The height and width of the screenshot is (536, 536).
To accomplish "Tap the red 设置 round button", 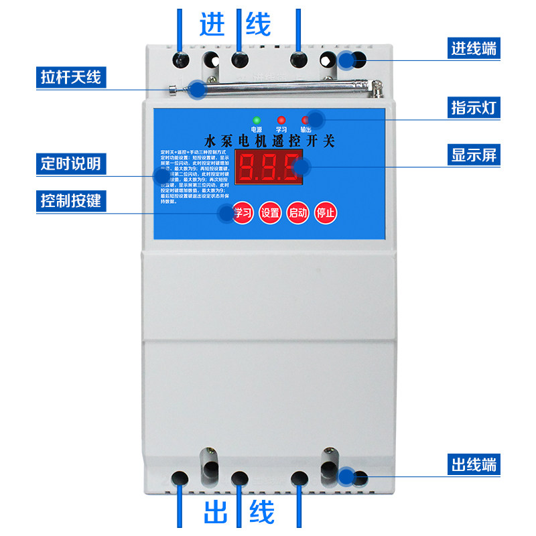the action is (x=270, y=213).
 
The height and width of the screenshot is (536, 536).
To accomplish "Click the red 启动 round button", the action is (x=297, y=213).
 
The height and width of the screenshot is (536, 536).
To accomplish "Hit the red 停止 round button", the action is (x=326, y=213).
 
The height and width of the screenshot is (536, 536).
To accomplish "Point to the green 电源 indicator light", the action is (x=256, y=120).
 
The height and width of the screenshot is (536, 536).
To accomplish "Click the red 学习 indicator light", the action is (x=281, y=120).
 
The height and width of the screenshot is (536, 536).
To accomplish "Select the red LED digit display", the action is (x=268, y=167).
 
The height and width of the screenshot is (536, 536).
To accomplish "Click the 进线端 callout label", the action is (x=474, y=48).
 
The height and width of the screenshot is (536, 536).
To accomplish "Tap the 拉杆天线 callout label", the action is (x=70, y=77).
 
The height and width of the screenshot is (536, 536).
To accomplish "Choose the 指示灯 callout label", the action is (x=474, y=107).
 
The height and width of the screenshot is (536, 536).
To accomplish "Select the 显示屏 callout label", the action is (x=474, y=155).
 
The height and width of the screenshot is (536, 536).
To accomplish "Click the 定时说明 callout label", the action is (x=70, y=163).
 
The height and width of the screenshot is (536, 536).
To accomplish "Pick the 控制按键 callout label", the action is (x=70, y=200).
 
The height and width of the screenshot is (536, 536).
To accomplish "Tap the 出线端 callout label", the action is (x=474, y=464).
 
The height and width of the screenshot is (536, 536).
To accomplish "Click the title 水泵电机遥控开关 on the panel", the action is (x=267, y=141).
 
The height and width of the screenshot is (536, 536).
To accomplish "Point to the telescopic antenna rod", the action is (x=281, y=88).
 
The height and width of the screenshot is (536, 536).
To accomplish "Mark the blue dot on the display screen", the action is (x=301, y=167).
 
